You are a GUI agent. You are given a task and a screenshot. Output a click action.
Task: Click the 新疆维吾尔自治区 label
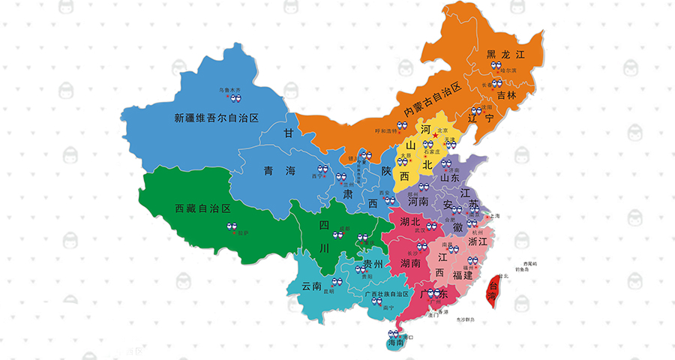tap(216, 118)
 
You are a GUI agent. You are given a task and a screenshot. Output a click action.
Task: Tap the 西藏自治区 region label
tap(202, 207)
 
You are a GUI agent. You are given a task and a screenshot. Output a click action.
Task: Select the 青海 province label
tap(280, 171)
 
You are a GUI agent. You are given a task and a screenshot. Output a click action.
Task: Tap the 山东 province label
tap(450, 178)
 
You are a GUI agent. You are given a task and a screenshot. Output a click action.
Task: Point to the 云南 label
tap(312, 286)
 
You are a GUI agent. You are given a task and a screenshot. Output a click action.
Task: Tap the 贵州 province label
tap(373, 265)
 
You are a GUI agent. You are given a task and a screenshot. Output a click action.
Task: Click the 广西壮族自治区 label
tap(386, 294)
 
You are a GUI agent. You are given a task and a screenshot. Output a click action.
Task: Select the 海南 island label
tap(396, 343)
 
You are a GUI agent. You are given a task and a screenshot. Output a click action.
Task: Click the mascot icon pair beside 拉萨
tap(233, 226)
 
